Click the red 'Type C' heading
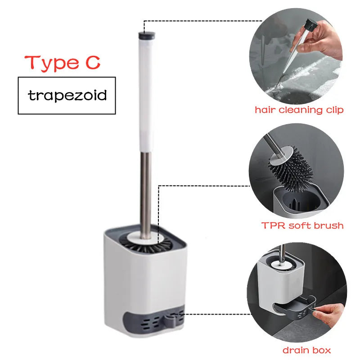(x=62, y=62)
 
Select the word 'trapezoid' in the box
(x=67, y=95)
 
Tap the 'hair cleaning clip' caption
(x=299, y=110)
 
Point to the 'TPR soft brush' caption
(x=302, y=225)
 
